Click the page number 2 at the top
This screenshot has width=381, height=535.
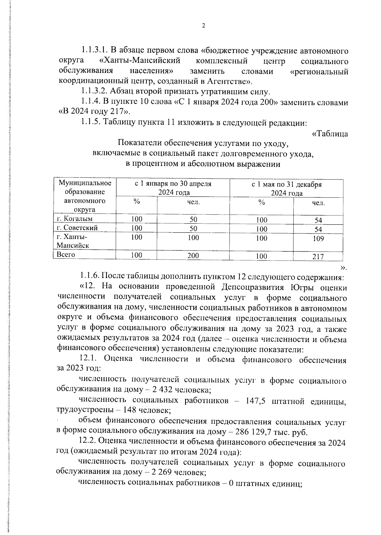204,26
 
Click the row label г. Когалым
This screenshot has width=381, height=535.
74,219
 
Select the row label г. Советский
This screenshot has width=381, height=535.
77,228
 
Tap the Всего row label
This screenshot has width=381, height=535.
65,254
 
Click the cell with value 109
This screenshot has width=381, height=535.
318,239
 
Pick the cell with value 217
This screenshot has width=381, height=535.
318,257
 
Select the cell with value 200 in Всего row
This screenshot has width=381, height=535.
193,256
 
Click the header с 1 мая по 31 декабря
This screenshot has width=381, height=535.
286,185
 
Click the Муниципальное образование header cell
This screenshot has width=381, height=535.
85,187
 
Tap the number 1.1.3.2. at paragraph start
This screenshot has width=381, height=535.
94,92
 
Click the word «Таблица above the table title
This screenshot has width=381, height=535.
330,134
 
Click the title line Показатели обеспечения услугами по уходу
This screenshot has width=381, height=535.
203,143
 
